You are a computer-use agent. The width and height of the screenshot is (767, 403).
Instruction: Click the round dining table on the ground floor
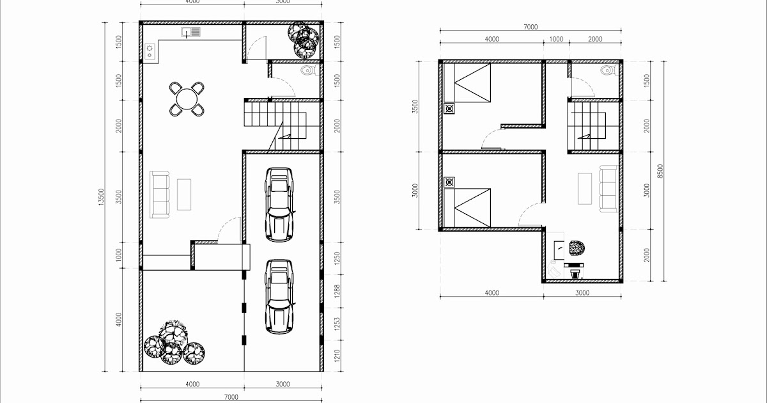point(186,99)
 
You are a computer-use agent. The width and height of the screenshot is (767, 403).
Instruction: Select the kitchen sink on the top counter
point(191,31)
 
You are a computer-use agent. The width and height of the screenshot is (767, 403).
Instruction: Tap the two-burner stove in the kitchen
point(150,51)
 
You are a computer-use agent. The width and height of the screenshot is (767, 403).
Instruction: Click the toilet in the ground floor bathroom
point(309,70)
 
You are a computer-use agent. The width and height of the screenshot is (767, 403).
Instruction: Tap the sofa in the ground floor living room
point(160,193)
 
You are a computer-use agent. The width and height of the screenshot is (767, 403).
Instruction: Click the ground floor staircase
point(275,125)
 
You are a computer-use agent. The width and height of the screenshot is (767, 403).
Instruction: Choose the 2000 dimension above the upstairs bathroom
point(594,39)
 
